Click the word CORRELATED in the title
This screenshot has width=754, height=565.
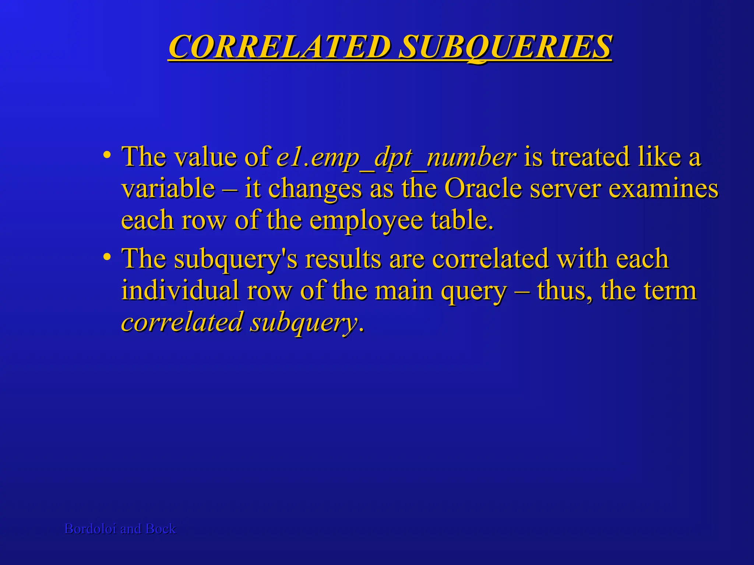(279, 47)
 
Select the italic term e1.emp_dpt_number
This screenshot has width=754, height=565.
(396, 157)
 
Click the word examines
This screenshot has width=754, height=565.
(663, 188)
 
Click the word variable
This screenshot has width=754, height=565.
(168, 188)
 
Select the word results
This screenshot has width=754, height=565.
(343, 259)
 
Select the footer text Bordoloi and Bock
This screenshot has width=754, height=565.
(120, 529)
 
